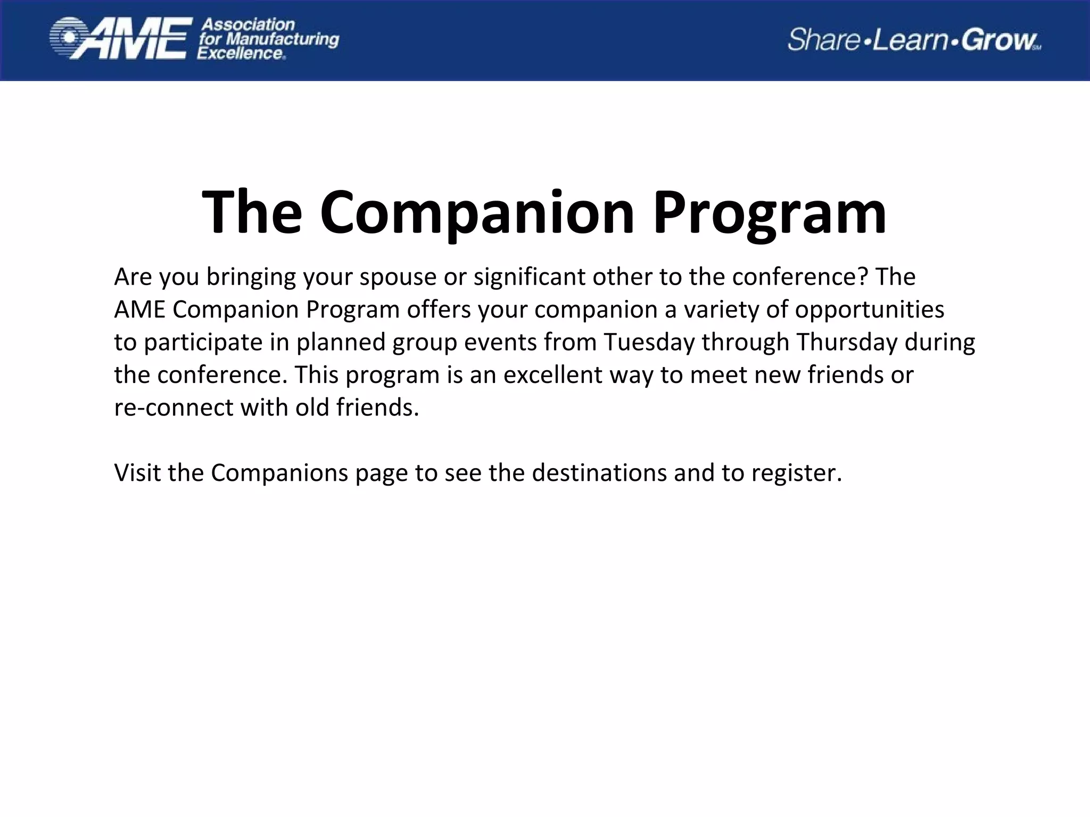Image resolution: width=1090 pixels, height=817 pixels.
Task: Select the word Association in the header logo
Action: pyautogui.click(x=247, y=24)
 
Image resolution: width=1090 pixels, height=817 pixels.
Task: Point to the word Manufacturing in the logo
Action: pyautogui.click(x=283, y=39)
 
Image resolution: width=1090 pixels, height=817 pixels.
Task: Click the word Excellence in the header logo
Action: pyautogui.click(x=241, y=53)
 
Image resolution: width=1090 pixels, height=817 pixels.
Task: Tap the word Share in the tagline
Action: pyautogui.click(x=823, y=40)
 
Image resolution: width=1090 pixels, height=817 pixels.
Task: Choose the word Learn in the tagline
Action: pyautogui.click(x=911, y=40)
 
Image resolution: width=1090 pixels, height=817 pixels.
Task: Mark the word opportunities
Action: pyautogui.click(x=870, y=310)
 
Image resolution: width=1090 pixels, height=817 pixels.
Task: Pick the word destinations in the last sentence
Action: pyautogui.click(x=599, y=472)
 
